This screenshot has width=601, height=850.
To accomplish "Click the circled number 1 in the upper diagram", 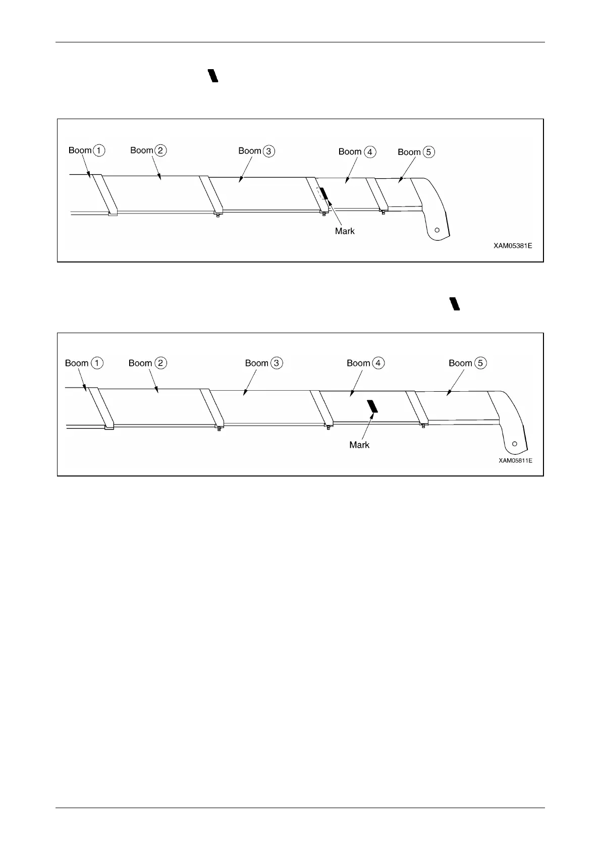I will click(99, 150).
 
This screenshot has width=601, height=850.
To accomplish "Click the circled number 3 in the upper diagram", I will click(269, 151).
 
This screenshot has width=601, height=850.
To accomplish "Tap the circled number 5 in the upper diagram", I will click(429, 152).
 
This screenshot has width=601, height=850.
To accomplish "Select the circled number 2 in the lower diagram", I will click(160, 363).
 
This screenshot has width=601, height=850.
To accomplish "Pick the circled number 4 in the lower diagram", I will click(378, 363).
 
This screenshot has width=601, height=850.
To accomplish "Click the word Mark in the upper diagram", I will click(345, 231).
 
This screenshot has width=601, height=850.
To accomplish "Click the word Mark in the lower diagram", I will click(359, 445).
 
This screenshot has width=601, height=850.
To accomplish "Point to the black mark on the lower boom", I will click(372, 406).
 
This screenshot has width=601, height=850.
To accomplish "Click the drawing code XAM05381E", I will click(512, 246).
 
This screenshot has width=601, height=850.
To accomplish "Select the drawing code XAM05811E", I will click(515, 460).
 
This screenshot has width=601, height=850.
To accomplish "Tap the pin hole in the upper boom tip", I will click(437, 230).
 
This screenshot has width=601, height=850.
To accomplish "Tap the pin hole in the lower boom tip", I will click(514, 444).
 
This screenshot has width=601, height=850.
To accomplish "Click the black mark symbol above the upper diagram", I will click(213, 76).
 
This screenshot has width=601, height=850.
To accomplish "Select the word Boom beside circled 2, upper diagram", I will click(142, 150).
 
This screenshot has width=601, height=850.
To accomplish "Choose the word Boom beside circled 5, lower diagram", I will click(460, 363).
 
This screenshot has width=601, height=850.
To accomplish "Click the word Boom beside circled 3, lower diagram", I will click(256, 363).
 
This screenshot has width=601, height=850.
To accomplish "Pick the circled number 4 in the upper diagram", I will click(370, 151).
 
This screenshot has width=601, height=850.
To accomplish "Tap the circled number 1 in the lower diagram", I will click(97, 363).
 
